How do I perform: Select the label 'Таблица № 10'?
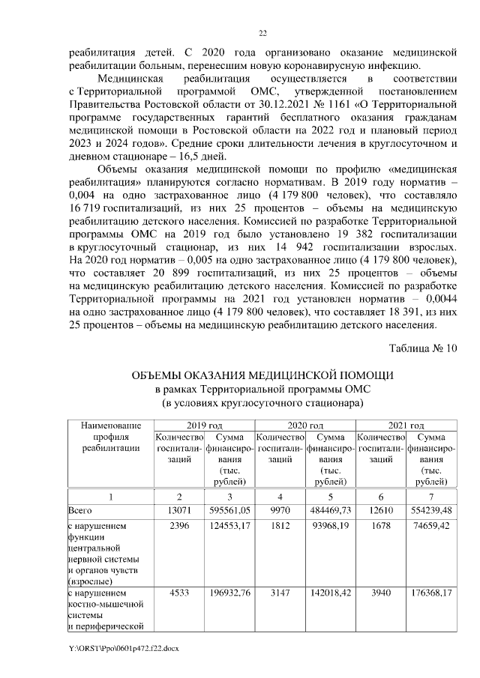tap(422, 349)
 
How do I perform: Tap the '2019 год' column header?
tap(203, 424)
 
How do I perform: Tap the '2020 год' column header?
tap(305, 424)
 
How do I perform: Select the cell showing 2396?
tap(178, 525)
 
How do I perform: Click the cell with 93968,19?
tap(330, 525)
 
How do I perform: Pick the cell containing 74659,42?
tap(430, 525)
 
